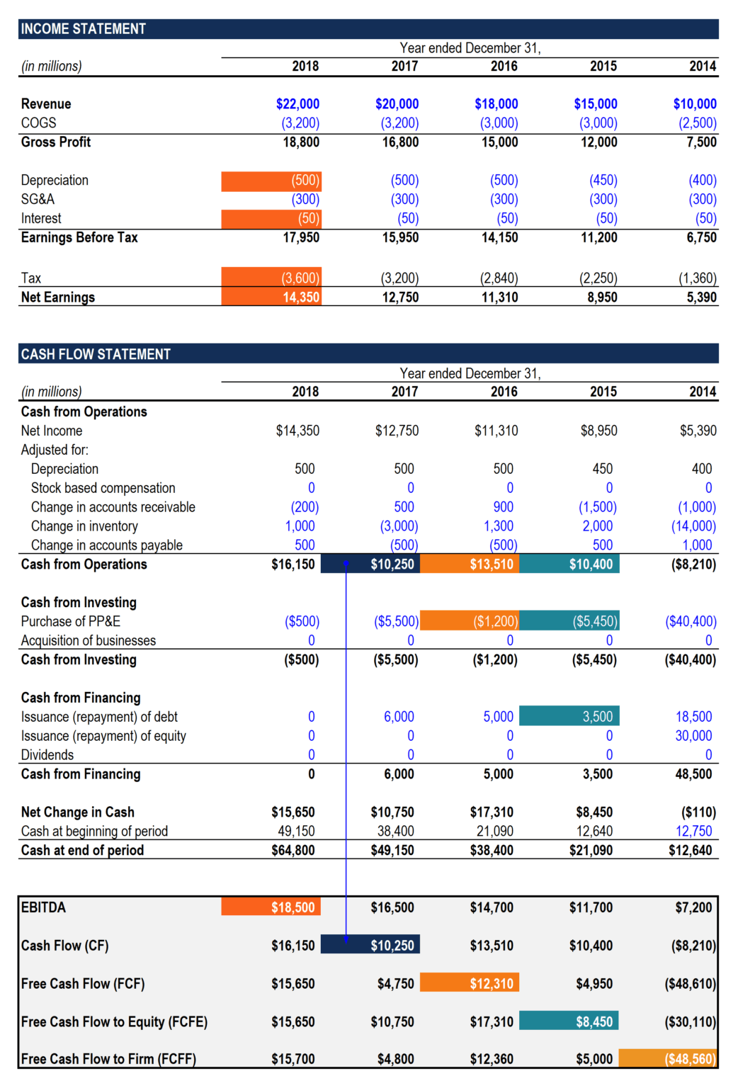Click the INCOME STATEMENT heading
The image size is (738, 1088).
(x=83, y=29)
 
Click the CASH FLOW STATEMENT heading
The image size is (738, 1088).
(x=96, y=354)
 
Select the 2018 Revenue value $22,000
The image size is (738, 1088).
(x=297, y=104)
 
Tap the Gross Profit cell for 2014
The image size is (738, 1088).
(x=701, y=142)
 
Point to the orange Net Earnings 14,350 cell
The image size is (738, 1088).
(x=272, y=297)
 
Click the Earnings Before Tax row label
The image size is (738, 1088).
(x=79, y=238)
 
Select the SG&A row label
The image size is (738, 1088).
(x=38, y=200)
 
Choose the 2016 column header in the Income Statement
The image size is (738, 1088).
(x=504, y=67)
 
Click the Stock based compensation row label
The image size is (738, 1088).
(x=103, y=489)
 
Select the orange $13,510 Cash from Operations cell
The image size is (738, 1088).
(x=470, y=565)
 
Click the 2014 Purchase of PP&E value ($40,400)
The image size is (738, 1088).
(x=691, y=622)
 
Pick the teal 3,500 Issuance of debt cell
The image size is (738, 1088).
(x=569, y=717)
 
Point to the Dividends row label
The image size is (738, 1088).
(x=47, y=755)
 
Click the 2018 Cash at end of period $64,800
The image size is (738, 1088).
(x=293, y=851)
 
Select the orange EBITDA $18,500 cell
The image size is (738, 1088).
(x=271, y=907)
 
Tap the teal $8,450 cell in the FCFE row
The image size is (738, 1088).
(x=569, y=1021)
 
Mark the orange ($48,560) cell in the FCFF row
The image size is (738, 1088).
(x=669, y=1059)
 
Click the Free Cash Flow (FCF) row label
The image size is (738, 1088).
(x=83, y=984)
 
